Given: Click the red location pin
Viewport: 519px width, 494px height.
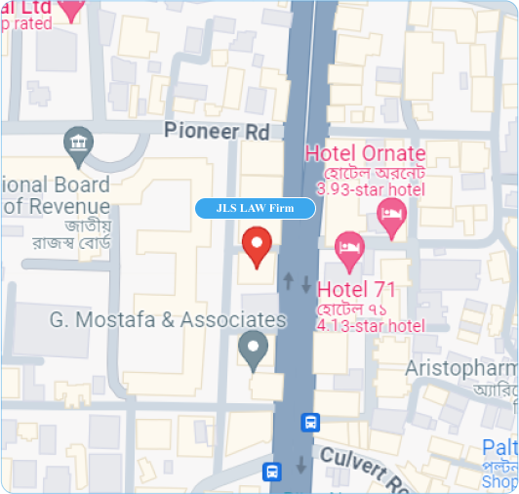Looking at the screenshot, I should (x=257, y=246).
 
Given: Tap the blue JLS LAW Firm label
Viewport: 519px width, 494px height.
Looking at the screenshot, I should (x=256, y=208).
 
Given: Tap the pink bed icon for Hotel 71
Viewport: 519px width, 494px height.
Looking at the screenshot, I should (x=349, y=251).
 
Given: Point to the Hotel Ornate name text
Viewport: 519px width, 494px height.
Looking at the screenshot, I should (x=365, y=153).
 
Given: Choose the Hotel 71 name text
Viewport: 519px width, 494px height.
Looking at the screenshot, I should (x=356, y=289).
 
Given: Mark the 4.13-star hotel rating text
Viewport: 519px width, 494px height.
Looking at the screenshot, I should (x=371, y=325).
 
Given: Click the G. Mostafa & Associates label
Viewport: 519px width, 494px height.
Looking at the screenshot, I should (x=168, y=319).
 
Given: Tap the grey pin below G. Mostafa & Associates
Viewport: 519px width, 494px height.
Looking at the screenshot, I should (x=254, y=350).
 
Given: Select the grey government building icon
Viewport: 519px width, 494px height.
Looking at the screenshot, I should (x=77, y=146).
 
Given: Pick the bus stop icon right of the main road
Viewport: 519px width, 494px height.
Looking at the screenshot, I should (x=310, y=423).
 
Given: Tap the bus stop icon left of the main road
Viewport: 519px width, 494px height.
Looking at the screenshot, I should (x=273, y=473).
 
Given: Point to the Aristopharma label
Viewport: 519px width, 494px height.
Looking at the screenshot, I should (x=460, y=368).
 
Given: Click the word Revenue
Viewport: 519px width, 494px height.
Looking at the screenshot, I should (x=63, y=205).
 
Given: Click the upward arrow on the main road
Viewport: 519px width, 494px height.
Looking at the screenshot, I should (x=288, y=281).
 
